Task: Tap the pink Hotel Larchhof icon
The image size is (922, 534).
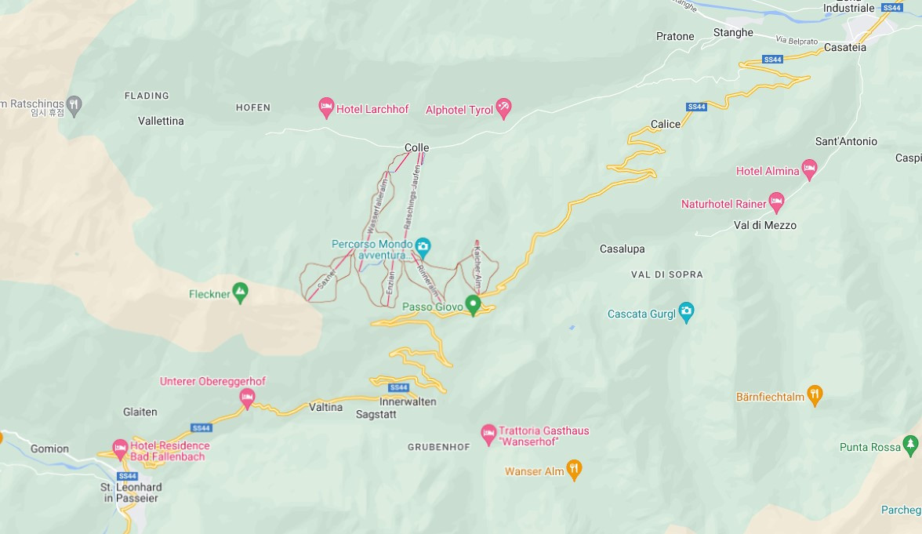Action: pyautogui.click(x=327, y=108)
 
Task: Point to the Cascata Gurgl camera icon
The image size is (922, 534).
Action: pyautogui.click(x=686, y=312)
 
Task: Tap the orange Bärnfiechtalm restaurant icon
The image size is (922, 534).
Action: pyautogui.click(x=815, y=395)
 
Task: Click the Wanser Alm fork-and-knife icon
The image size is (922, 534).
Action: pyautogui.click(x=574, y=470)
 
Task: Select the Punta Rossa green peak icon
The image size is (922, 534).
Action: pyautogui.click(x=910, y=445)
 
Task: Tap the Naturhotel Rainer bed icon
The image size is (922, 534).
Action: pyautogui.click(x=776, y=202)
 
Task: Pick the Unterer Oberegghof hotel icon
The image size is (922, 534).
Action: pyautogui.click(x=247, y=398)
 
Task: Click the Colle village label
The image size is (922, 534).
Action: pyautogui.click(x=416, y=147)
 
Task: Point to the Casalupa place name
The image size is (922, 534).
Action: pyautogui.click(x=622, y=249)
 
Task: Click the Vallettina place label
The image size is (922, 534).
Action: pyautogui.click(x=161, y=121)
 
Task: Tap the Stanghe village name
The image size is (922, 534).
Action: pyautogui.click(x=733, y=33)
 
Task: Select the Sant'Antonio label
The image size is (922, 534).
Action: pyautogui.click(x=846, y=141)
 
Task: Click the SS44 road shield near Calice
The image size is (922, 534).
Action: pyautogui.click(x=696, y=107)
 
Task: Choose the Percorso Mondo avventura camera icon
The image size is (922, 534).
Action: pyautogui.click(x=423, y=247)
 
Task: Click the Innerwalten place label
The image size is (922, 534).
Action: pyautogui.click(x=408, y=401)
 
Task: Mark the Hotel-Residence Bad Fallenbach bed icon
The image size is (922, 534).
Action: pyautogui.click(x=120, y=449)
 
